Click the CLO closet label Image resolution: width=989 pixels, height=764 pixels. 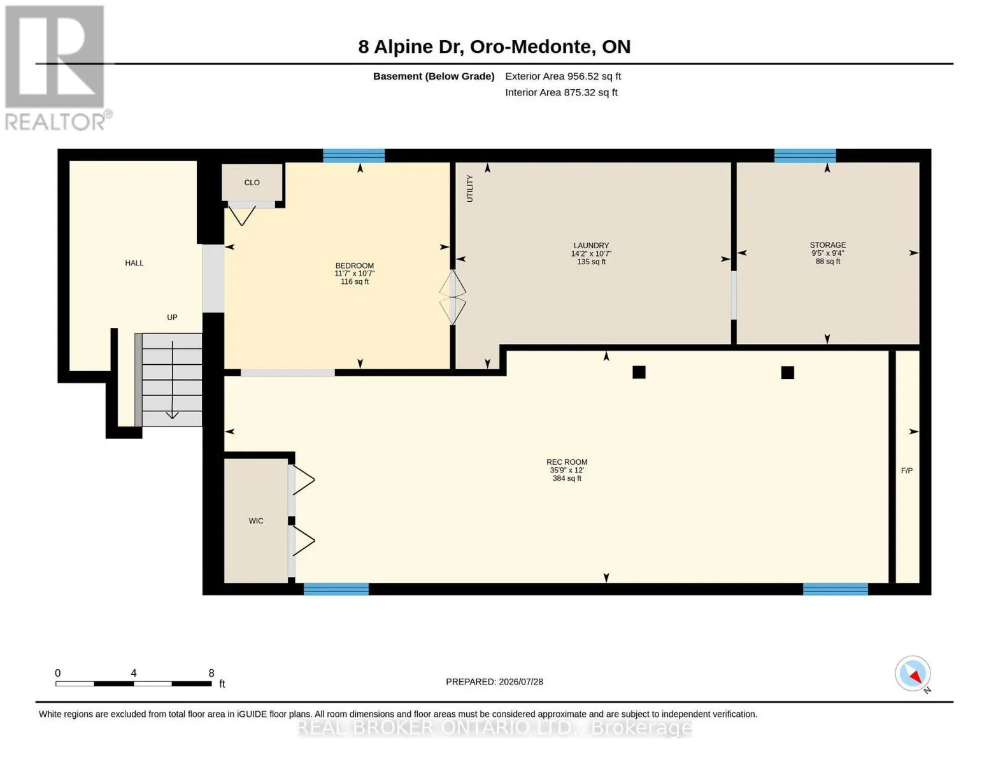[252, 183]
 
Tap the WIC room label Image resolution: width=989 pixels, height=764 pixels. [256, 521]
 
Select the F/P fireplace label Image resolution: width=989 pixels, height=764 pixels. [907, 470]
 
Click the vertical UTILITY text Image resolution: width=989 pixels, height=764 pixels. [470, 188]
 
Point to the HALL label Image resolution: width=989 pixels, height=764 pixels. [134, 263]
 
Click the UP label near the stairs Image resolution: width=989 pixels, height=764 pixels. [172, 317]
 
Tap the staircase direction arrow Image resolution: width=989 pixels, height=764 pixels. [172, 379]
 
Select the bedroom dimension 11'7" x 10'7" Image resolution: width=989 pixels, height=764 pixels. [355, 274]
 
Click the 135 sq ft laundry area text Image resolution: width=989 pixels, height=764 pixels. [591, 262]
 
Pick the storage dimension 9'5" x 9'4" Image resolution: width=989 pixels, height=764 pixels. [827, 253]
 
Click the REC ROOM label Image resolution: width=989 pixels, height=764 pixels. [567, 462]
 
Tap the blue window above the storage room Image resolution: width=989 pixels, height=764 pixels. [805, 155]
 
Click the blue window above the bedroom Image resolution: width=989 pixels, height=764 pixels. [353, 155]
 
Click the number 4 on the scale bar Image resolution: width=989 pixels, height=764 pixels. [133, 673]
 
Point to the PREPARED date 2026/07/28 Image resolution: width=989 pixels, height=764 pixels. [521, 682]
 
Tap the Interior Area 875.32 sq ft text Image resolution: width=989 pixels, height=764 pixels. [561, 92]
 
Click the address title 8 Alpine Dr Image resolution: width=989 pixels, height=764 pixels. [411, 47]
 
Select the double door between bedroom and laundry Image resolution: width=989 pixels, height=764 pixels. [452, 297]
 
